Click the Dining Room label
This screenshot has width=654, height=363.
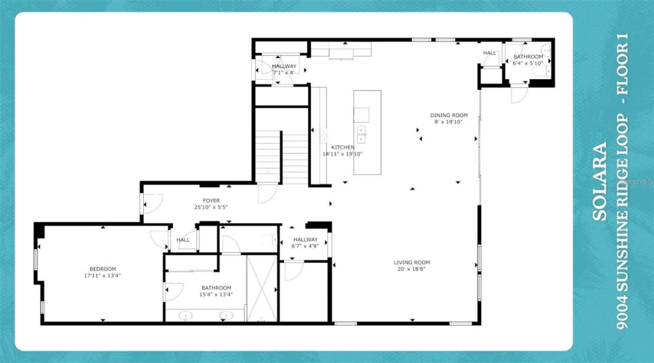point(448,115)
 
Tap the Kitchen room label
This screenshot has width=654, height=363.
point(343,147)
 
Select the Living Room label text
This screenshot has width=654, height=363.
point(412,262)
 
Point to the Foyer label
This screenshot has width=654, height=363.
point(211,201)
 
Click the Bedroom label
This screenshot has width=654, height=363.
point(102,269)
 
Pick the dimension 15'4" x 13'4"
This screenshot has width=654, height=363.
point(217,295)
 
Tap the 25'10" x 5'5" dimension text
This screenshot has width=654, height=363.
point(211,208)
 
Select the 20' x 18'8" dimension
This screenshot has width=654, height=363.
point(412,269)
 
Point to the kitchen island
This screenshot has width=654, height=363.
point(367,132)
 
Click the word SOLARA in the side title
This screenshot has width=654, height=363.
point(600,181)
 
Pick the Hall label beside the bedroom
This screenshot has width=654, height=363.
point(183,240)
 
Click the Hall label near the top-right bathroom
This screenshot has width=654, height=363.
point(490,53)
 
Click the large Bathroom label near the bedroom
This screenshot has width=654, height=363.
point(217,287)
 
